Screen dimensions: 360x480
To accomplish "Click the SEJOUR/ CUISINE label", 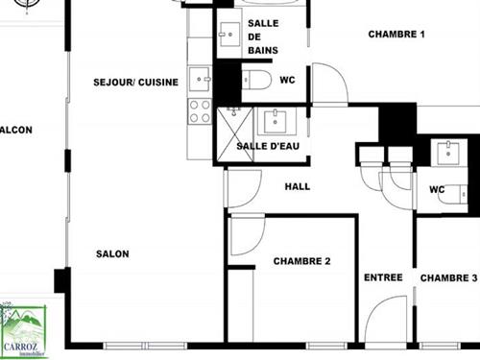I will pos(135,83).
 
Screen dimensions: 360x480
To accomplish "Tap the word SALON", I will pos(112,254).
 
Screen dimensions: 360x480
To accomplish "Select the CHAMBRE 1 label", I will pos(396,35).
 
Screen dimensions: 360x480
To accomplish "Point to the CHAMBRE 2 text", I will pos(301,261).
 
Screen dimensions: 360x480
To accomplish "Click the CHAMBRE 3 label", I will pos(448,277).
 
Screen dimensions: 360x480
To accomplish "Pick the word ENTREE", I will pos(383,277).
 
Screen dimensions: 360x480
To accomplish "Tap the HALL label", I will pos(298,186).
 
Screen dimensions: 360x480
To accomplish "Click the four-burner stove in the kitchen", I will pos(200,111).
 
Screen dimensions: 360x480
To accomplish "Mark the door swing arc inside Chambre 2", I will pos(246,236).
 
